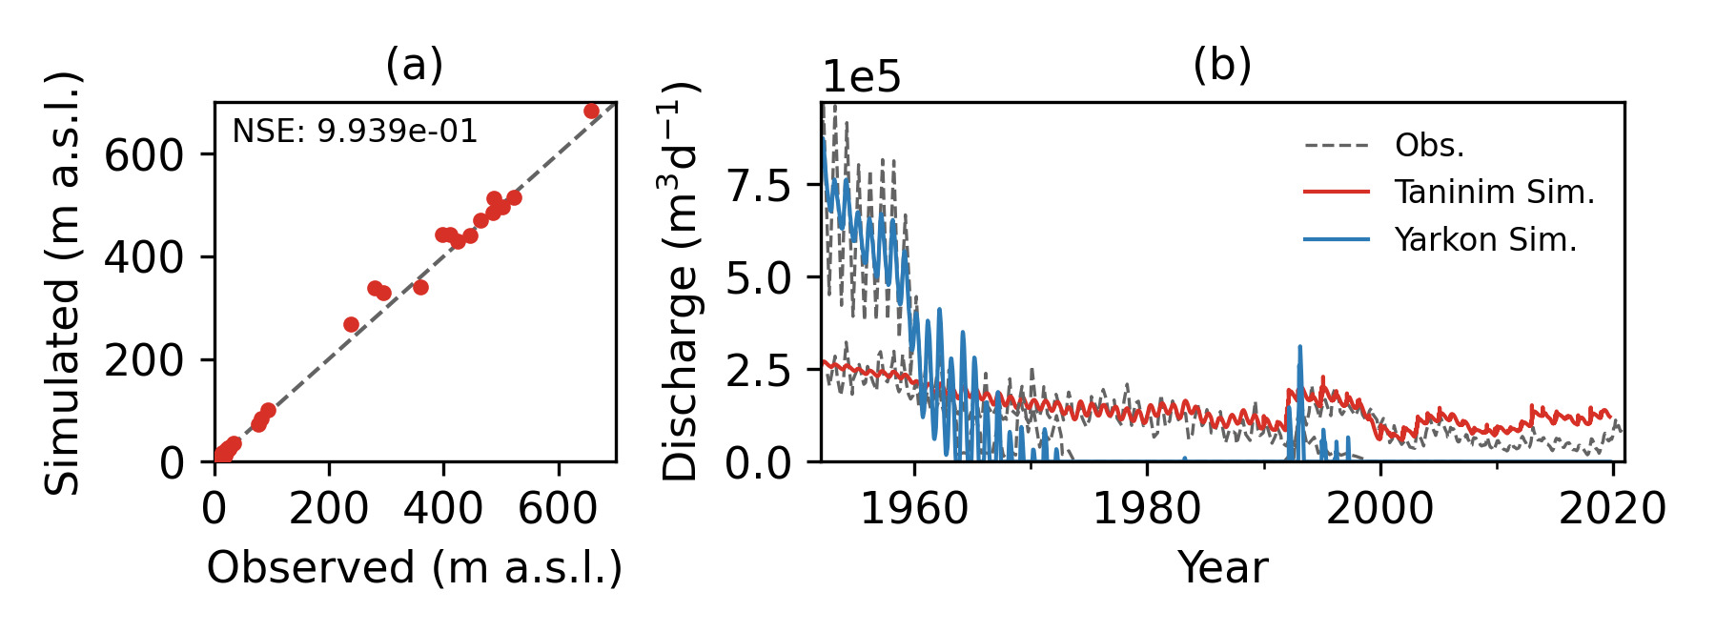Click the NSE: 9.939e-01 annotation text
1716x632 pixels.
click(355, 132)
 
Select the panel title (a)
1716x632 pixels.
click(414, 65)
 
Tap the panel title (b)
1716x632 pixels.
click(1221, 65)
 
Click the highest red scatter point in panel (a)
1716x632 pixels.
click(591, 112)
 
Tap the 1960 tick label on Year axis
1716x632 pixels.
click(914, 509)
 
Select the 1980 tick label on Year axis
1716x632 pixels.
click(1147, 509)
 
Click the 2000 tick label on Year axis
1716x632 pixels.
click(1379, 509)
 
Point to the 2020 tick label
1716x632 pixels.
click(1612, 509)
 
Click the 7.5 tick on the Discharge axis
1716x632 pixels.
click(760, 186)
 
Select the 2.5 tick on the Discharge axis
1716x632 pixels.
click(760, 371)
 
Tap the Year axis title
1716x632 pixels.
click(1222, 568)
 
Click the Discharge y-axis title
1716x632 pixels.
click(681, 281)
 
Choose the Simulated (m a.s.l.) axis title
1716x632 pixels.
click(64, 282)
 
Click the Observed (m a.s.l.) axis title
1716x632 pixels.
click(415, 568)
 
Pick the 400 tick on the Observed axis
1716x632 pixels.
click(443, 509)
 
